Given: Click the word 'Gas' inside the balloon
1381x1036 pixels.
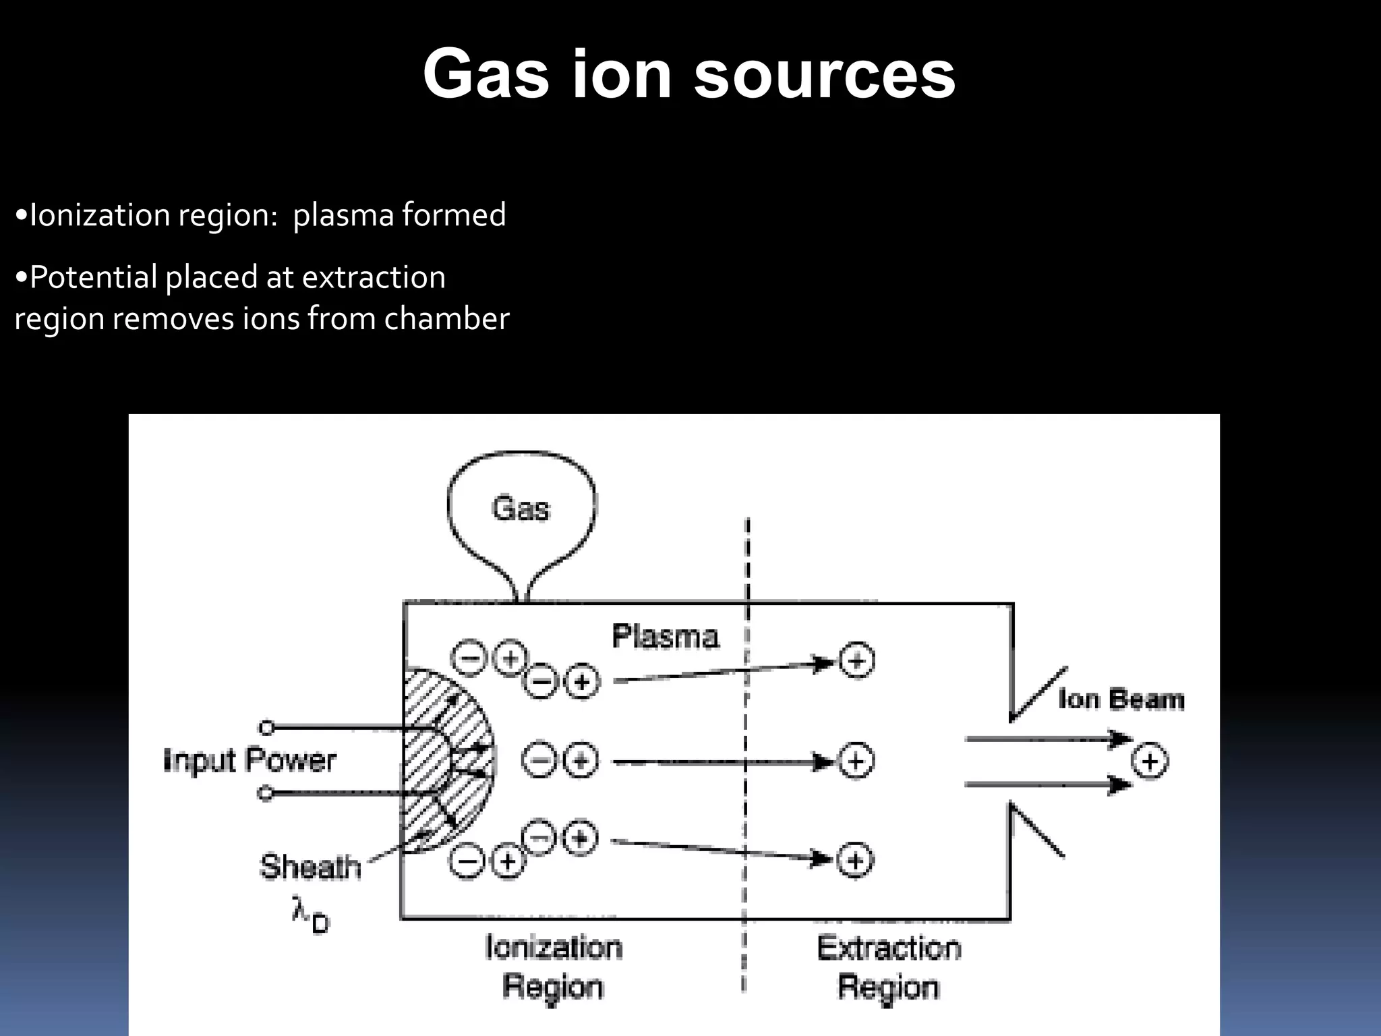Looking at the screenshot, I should click(x=521, y=508).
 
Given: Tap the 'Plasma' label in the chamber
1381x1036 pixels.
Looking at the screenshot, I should click(x=665, y=636).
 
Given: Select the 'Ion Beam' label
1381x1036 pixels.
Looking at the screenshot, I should click(x=1121, y=699).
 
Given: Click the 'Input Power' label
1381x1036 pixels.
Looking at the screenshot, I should click(x=249, y=760).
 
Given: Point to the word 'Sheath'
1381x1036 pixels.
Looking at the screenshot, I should click(x=310, y=867).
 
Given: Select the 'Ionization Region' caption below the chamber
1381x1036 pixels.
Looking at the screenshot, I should click(x=553, y=967).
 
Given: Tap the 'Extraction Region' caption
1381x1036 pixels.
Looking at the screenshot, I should click(x=889, y=967).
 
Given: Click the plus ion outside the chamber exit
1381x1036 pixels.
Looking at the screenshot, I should click(x=1149, y=761).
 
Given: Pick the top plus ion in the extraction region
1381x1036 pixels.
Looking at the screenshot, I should click(x=856, y=660).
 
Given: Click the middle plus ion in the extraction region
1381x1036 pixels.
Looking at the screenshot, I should click(x=856, y=761).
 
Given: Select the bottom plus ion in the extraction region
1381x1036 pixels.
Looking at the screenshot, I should click(x=855, y=861).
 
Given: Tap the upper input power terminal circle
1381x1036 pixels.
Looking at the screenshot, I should click(x=267, y=728).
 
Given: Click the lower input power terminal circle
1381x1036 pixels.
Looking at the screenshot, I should click(x=266, y=793).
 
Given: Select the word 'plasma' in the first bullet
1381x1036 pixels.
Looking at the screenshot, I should click(x=343, y=216).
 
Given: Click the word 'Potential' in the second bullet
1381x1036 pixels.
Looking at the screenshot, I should click(x=93, y=278).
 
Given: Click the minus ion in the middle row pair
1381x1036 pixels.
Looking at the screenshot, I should click(x=539, y=761).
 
